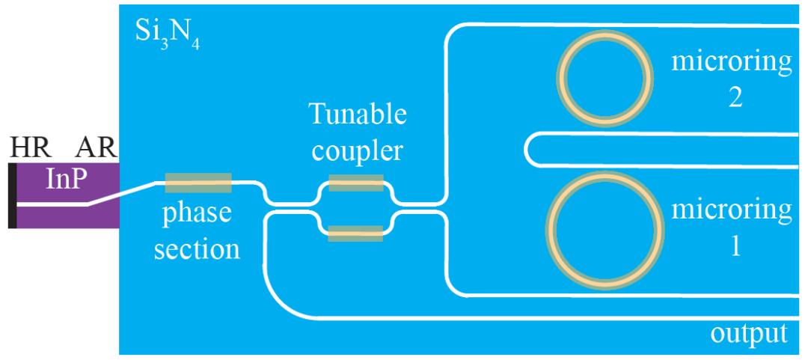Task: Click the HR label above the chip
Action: (x=28, y=149)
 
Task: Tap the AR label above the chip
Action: (x=95, y=149)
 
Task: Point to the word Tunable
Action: (x=358, y=115)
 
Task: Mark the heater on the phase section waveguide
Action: (x=198, y=181)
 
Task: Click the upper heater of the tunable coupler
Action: (x=356, y=183)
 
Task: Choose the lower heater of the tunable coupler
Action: (x=356, y=234)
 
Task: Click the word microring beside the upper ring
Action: (x=731, y=62)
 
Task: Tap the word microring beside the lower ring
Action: (x=731, y=210)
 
